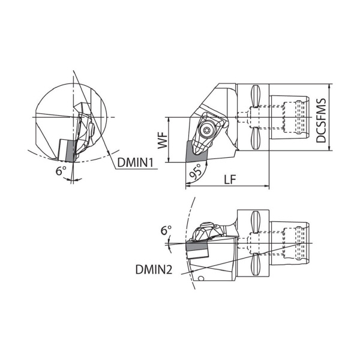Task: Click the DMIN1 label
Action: point(135,163)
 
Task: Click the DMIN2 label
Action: point(154,269)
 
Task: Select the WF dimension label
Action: point(163,140)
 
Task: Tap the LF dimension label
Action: point(230,179)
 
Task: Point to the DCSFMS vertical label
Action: point(321,121)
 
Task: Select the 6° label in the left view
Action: point(61,171)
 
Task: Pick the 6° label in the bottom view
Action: point(166,230)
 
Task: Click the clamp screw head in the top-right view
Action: point(206,131)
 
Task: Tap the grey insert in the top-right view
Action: point(196,153)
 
